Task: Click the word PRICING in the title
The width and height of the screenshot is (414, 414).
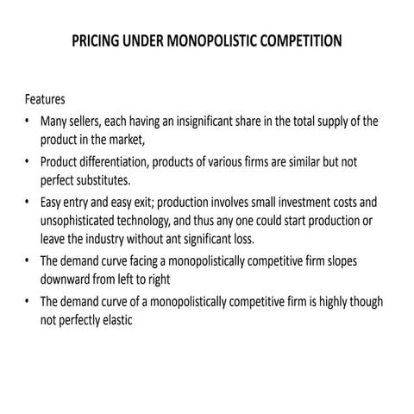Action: pyautogui.click(x=97, y=41)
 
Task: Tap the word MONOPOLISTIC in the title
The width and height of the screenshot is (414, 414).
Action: pyautogui.click(x=214, y=41)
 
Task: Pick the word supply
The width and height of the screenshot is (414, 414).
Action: pyautogui.click(x=329, y=121)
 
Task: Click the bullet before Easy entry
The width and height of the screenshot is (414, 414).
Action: pyautogui.click(x=28, y=202)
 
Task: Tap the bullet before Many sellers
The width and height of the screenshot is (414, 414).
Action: pyautogui.click(x=28, y=121)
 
